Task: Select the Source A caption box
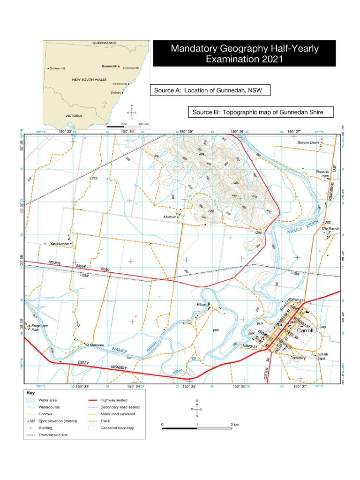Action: point(210,90)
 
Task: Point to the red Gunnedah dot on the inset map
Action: point(119,66)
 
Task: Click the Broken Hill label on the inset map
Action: point(57,68)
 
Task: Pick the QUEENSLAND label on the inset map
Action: point(104,43)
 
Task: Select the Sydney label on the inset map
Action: point(116,93)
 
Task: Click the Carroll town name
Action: point(305,330)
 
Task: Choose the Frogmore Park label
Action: point(39,327)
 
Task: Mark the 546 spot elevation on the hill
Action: point(236,183)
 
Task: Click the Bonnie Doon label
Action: point(307,142)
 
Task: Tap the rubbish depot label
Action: point(323,357)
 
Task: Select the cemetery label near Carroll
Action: point(298,358)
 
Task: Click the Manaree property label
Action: point(97,345)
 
